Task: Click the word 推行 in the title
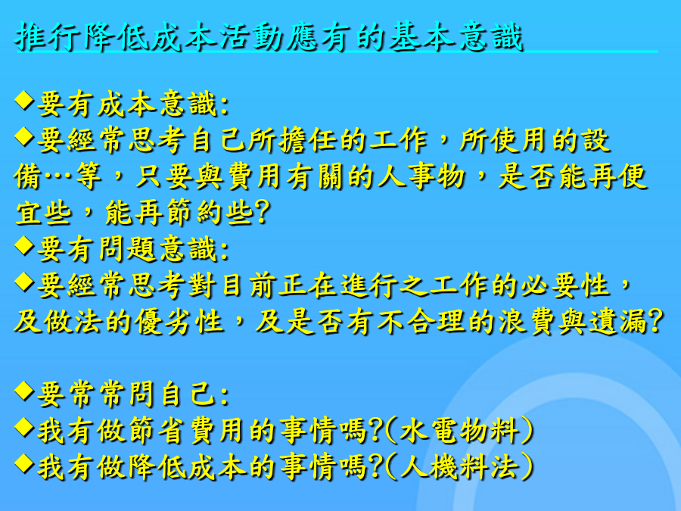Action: coord(47,37)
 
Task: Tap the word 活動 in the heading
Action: coord(251,37)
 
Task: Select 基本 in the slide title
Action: coord(421,37)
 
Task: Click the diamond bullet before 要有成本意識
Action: coord(24,101)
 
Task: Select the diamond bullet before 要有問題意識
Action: coord(24,245)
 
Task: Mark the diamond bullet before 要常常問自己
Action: coord(24,391)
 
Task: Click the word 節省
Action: coord(157,431)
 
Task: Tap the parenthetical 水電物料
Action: coord(459,431)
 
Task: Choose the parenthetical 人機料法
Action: coord(459,467)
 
